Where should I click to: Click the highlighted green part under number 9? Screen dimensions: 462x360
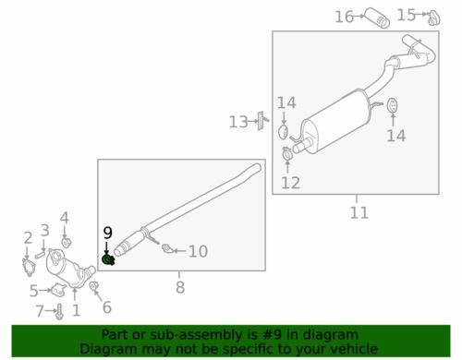pyautogui.click(x=108, y=260)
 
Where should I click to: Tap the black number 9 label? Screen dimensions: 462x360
pyautogui.click(x=107, y=233)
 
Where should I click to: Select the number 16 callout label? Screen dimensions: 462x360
pyautogui.click(x=344, y=17)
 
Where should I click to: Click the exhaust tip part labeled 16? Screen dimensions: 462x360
pyautogui.click(x=377, y=18)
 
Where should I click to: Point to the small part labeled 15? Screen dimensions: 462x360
pyautogui.click(x=434, y=18)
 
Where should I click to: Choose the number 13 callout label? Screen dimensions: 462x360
pyautogui.click(x=238, y=122)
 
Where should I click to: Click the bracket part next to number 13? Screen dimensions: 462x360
pyautogui.click(x=261, y=121)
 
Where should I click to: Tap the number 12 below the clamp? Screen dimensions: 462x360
pyautogui.click(x=290, y=183)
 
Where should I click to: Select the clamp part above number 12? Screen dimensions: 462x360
pyautogui.click(x=287, y=153)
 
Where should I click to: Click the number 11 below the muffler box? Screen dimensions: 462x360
pyautogui.click(x=359, y=212)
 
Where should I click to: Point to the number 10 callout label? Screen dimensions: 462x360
pyautogui.click(x=198, y=251)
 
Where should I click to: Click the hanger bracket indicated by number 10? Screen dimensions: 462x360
pyautogui.click(x=167, y=248)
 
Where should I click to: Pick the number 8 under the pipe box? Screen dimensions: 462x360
pyautogui.click(x=180, y=287)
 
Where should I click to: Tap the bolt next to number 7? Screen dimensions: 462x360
pyautogui.click(x=60, y=311)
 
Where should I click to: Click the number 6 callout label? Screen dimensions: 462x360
pyautogui.click(x=106, y=307)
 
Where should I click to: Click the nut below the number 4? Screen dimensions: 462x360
pyautogui.click(x=66, y=243)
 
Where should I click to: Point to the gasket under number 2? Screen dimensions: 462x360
pyautogui.click(x=29, y=267)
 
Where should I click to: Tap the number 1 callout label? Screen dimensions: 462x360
pyautogui.click(x=77, y=310)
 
